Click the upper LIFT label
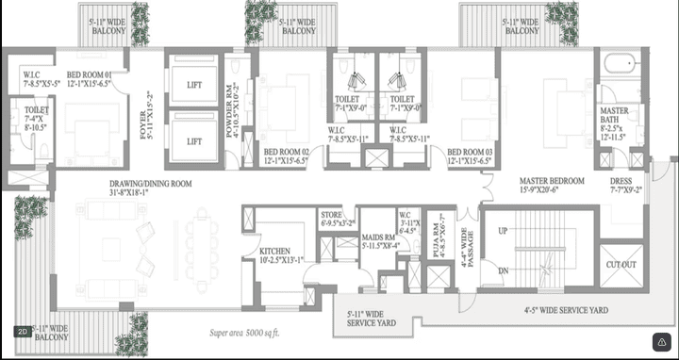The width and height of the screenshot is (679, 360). click(194, 85)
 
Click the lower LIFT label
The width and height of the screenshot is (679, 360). click(194, 141)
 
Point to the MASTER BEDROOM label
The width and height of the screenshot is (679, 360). click(552, 180)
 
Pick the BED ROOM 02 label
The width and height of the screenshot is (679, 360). click(287, 152)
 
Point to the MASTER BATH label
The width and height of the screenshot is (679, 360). click(615, 116)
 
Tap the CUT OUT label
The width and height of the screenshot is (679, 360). click(620, 265)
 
